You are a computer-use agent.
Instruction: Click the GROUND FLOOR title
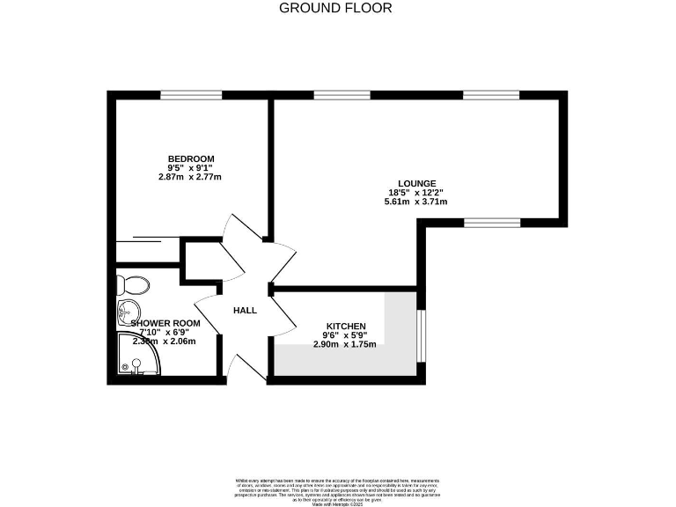pyautogui.click(x=335, y=8)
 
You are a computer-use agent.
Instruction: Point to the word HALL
pyautogui.click(x=245, y=311)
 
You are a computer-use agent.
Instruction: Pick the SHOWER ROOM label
pyautogui.click(x=165, y=323)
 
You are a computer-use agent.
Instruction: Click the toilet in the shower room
pyautogui.click(x=133, y=283)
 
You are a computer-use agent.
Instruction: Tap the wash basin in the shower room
pyautogui.click(x=127, y=311)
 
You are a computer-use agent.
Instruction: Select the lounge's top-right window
pyautogui.click(x=482, y=94)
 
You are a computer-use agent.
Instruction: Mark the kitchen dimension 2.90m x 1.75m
pyautogui.click(x=344, y=344)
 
